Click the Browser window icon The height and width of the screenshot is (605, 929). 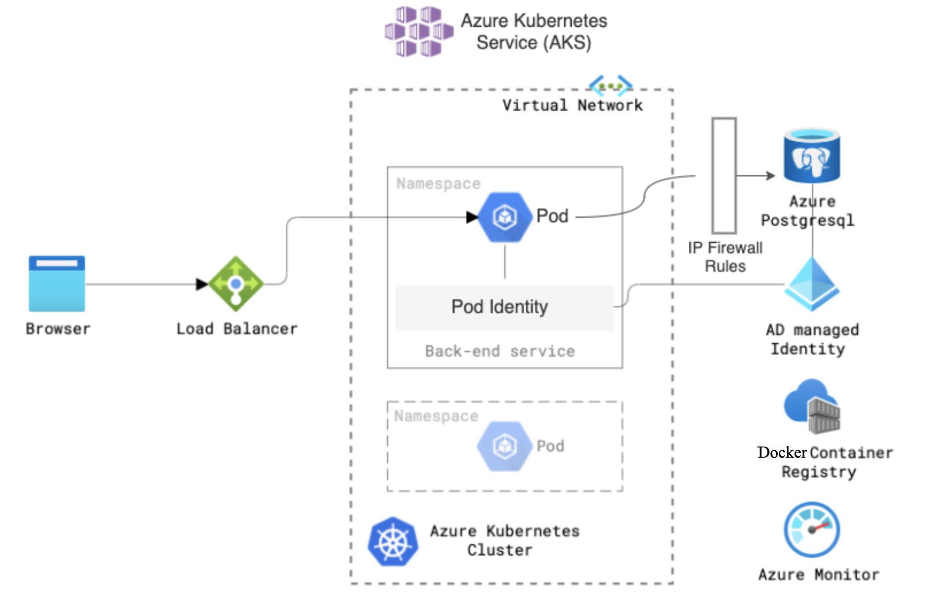point(57,284)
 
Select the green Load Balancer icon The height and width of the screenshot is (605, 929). point(236,284)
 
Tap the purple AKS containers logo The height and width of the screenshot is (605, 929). point(419,32)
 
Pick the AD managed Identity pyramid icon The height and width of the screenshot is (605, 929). point(812,284)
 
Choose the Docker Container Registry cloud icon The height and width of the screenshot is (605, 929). point(812,406)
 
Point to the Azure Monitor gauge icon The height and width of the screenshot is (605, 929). point(812,529)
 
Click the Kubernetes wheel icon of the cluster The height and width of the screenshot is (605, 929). point(393,542)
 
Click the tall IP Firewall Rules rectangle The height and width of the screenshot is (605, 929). point(724,175)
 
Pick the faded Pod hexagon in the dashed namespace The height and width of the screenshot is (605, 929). point(504,446)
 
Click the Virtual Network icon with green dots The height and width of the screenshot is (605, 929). point(611,86)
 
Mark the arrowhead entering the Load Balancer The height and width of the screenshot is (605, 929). point(202,284)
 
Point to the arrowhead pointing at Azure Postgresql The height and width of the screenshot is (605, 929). point(770,175)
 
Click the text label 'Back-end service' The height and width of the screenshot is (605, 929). point(500,351)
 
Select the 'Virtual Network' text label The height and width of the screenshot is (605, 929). point(572,105)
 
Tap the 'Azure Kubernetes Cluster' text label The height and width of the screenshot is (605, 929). point(504,540)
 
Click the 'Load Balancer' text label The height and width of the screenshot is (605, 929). point(237,329)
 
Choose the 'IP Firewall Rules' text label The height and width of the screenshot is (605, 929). point(725,257)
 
